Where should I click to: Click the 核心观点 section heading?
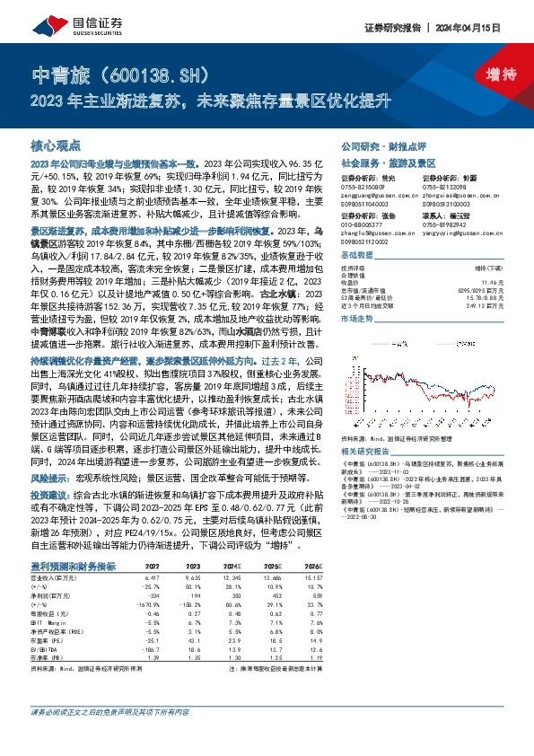tap(56, 144)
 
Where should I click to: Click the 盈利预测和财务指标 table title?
tap(80, 567)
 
